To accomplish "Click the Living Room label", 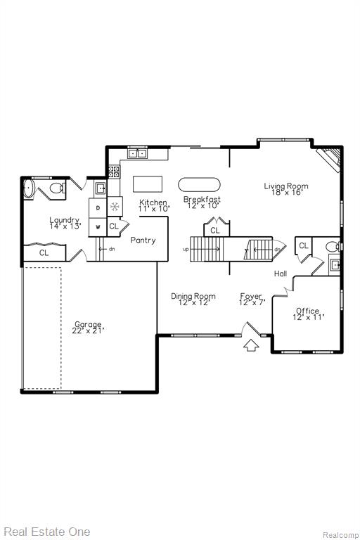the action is (x=286, y=186).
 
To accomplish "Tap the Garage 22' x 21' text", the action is (x=88, y=328).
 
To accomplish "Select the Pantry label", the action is (x=143, y=240).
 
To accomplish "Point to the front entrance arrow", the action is (x=251, y=345).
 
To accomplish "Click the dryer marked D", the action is (x=98, y=207).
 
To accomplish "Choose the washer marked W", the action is (x=98, y=227).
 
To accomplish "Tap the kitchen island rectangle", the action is (x=148, y=184).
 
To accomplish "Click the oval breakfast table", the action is (x=199, y=185).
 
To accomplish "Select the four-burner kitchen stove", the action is (x=114, y=172).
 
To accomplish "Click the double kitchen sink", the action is (x=138, y=153).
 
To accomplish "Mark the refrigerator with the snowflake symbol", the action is (x=115, y=207).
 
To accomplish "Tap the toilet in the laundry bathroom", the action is (x=57, y=188).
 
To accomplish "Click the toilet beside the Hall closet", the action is (x=333, y=247).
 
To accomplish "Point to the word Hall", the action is (x=281, y=274).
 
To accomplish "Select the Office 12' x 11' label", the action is (x=308, y=314).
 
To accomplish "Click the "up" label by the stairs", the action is (x=186, y=250).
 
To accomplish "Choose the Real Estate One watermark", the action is (x=47, y=532).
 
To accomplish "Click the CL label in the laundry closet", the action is (x=44, y=253).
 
